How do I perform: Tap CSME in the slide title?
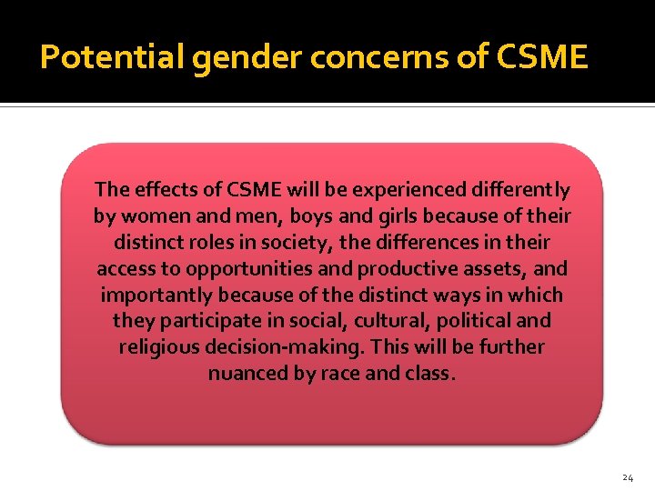tap(544, 58)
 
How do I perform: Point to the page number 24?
tap(627, 477)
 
